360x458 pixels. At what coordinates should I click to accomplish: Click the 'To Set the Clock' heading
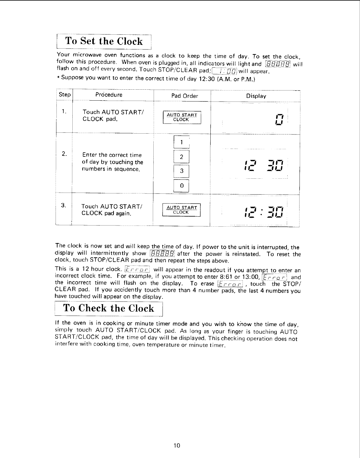tap(104, 41)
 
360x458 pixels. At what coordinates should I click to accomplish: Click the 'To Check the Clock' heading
tap(109, 308)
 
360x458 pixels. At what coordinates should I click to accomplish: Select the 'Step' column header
tap(65, 95)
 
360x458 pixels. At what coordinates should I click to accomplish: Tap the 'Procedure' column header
tap(109, 95)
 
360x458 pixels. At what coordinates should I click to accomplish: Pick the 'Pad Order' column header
tap(185, 96)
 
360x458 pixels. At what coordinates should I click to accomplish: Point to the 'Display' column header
tap(256, 96)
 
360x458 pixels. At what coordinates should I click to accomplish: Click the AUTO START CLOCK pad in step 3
tap(182, 210)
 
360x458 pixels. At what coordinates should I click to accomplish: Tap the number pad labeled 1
tap(181, 142)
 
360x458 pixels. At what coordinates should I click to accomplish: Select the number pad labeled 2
tap(181, 157)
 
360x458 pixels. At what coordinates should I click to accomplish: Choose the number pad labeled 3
tap(181, 171)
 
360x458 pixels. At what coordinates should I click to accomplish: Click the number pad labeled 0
tap(181, 186)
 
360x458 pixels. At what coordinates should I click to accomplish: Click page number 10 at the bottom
tap(177, 446)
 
